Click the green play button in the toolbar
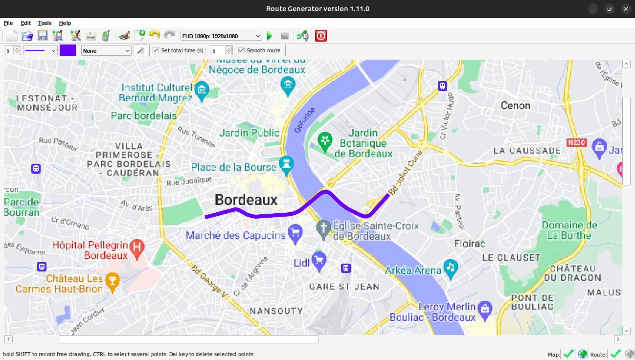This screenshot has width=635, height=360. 270,36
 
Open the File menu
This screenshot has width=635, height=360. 8,23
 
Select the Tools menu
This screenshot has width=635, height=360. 45,23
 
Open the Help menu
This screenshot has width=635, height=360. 65,23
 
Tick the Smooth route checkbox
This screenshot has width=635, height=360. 242,50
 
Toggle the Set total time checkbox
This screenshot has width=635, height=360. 156,50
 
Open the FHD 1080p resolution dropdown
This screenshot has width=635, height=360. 221,36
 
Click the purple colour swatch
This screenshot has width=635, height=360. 68,50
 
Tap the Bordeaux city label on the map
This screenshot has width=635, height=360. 246,200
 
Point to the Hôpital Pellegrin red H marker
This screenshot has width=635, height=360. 137,247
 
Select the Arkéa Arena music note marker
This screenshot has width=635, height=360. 450,267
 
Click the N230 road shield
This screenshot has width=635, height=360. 576,142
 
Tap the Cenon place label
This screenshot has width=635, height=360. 515,105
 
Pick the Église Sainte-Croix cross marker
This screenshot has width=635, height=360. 323,228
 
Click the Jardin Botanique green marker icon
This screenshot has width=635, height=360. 324,141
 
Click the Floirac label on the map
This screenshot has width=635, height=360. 470,244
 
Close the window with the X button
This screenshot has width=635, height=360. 626,9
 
